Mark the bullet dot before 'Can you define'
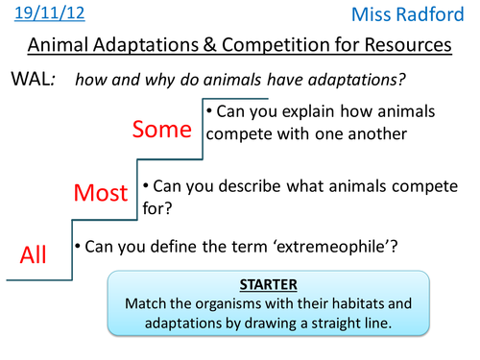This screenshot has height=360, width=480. (78, 246)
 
